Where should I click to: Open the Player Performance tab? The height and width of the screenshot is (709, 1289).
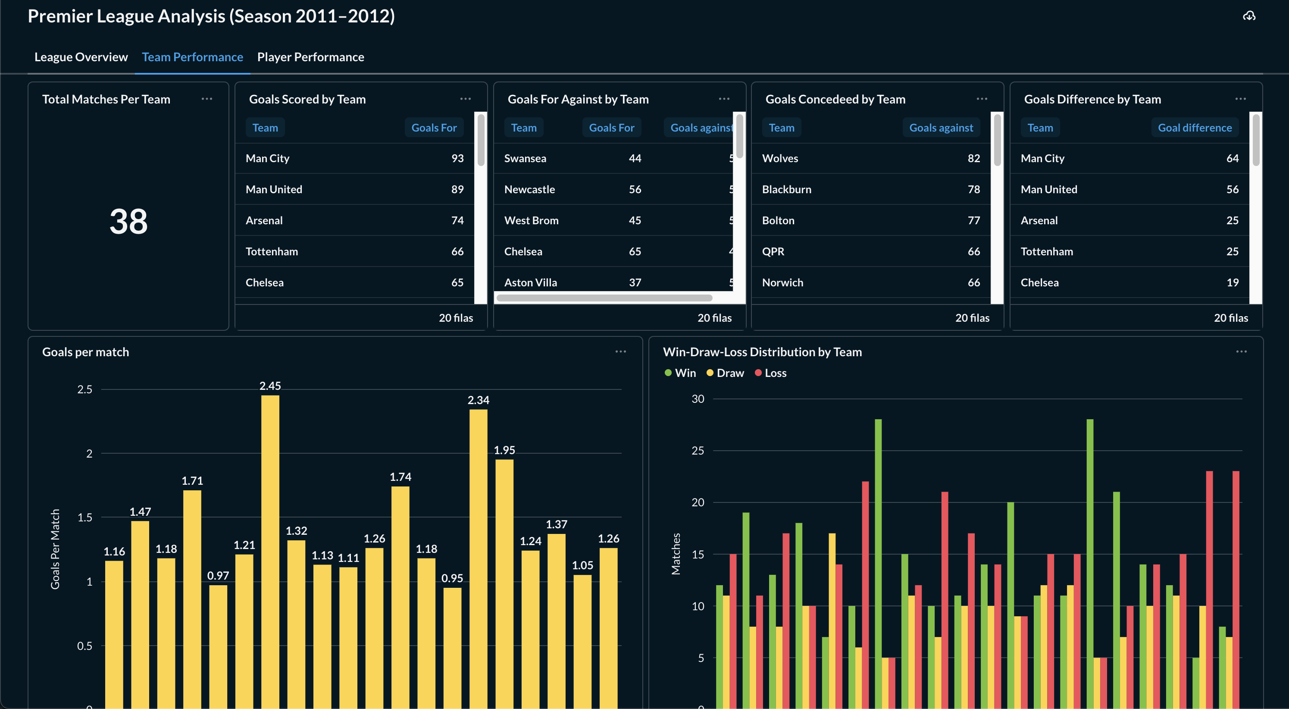310,57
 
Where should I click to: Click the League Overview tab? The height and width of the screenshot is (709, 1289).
81,57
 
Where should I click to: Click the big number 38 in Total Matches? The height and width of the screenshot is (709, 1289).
128,221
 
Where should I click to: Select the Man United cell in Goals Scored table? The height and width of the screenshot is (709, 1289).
274,189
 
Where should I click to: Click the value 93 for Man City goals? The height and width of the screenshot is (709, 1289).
457,158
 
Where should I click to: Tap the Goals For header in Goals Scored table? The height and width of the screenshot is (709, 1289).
433,128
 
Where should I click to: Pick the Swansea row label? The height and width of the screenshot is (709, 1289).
525,158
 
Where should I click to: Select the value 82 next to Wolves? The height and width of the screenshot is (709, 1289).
973,158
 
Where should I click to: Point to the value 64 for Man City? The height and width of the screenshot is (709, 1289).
1232,158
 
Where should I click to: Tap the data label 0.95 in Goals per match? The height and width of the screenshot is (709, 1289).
452,578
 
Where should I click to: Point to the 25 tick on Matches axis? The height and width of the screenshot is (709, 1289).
698,451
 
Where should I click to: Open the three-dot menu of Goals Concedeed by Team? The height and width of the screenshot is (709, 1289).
982,99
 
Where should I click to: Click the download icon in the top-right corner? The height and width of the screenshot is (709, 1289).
1249,16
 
